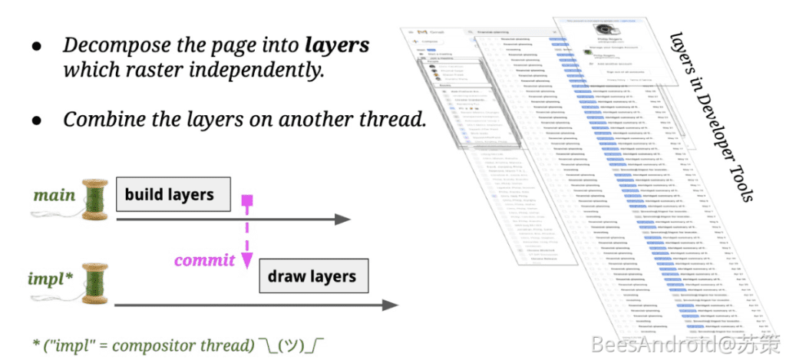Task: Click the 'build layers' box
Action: click(x=173, y=195)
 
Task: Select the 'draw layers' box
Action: click(x=312, y=276)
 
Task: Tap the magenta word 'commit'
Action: click(x=204, y=260)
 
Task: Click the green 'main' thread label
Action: click(x=54, y=194)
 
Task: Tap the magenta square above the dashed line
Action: click(x=247, y=201)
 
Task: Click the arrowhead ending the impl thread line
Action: click(x=390, y=306)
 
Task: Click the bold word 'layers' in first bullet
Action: click(x=337, y=45)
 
